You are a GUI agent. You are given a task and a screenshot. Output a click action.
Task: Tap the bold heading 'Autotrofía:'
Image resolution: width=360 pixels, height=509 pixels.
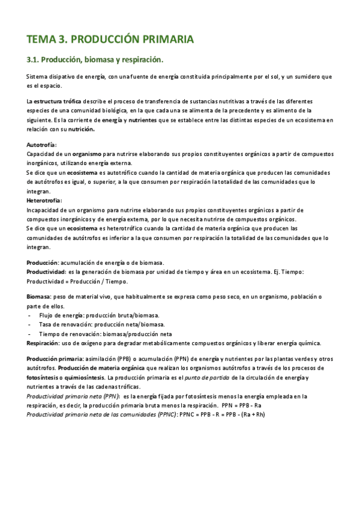pos(42,145)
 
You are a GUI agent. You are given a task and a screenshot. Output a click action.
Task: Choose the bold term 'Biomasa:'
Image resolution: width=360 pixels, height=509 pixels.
pos(40,297)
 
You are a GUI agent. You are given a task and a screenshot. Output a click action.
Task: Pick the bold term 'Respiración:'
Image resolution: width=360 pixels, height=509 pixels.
pos(43,343)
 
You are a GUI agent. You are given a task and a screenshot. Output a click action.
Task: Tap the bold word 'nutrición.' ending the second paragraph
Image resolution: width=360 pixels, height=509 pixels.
pos(82,128)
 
